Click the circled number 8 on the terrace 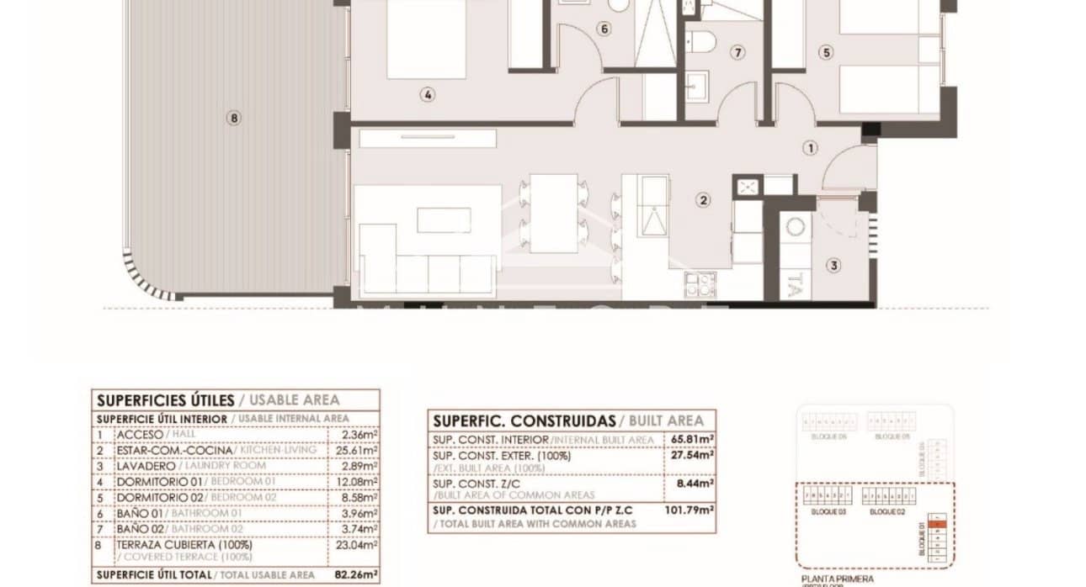(234, 119)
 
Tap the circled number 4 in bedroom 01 (428, 95)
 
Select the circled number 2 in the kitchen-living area (702, 200)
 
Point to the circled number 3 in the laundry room (833, 266)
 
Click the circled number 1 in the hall (810, 148)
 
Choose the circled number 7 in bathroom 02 (738, 53)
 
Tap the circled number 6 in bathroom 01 (604, 29)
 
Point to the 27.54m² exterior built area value (695, 455)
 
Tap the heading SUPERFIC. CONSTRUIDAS (523, 420)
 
